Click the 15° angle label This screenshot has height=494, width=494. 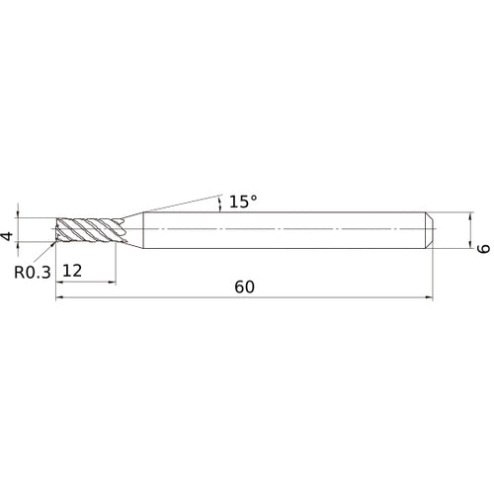242,202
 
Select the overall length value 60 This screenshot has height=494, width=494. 245,288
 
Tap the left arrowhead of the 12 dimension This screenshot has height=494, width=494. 60,281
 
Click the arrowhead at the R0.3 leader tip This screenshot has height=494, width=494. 55,243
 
